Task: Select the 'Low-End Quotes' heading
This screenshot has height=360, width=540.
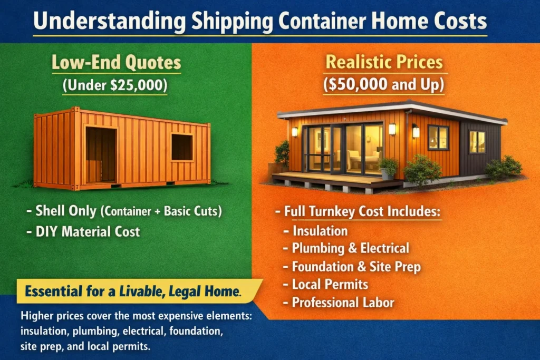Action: tap(116, 63)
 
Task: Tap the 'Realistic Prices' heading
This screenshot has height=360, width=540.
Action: tap(384, 62)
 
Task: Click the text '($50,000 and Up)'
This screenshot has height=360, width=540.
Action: tap(384, 85)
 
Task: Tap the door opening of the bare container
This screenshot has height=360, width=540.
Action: tap(101, 153)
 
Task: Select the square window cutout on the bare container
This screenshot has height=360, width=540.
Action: tap(181, 147)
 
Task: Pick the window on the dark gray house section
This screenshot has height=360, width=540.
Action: tap(477, 141)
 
